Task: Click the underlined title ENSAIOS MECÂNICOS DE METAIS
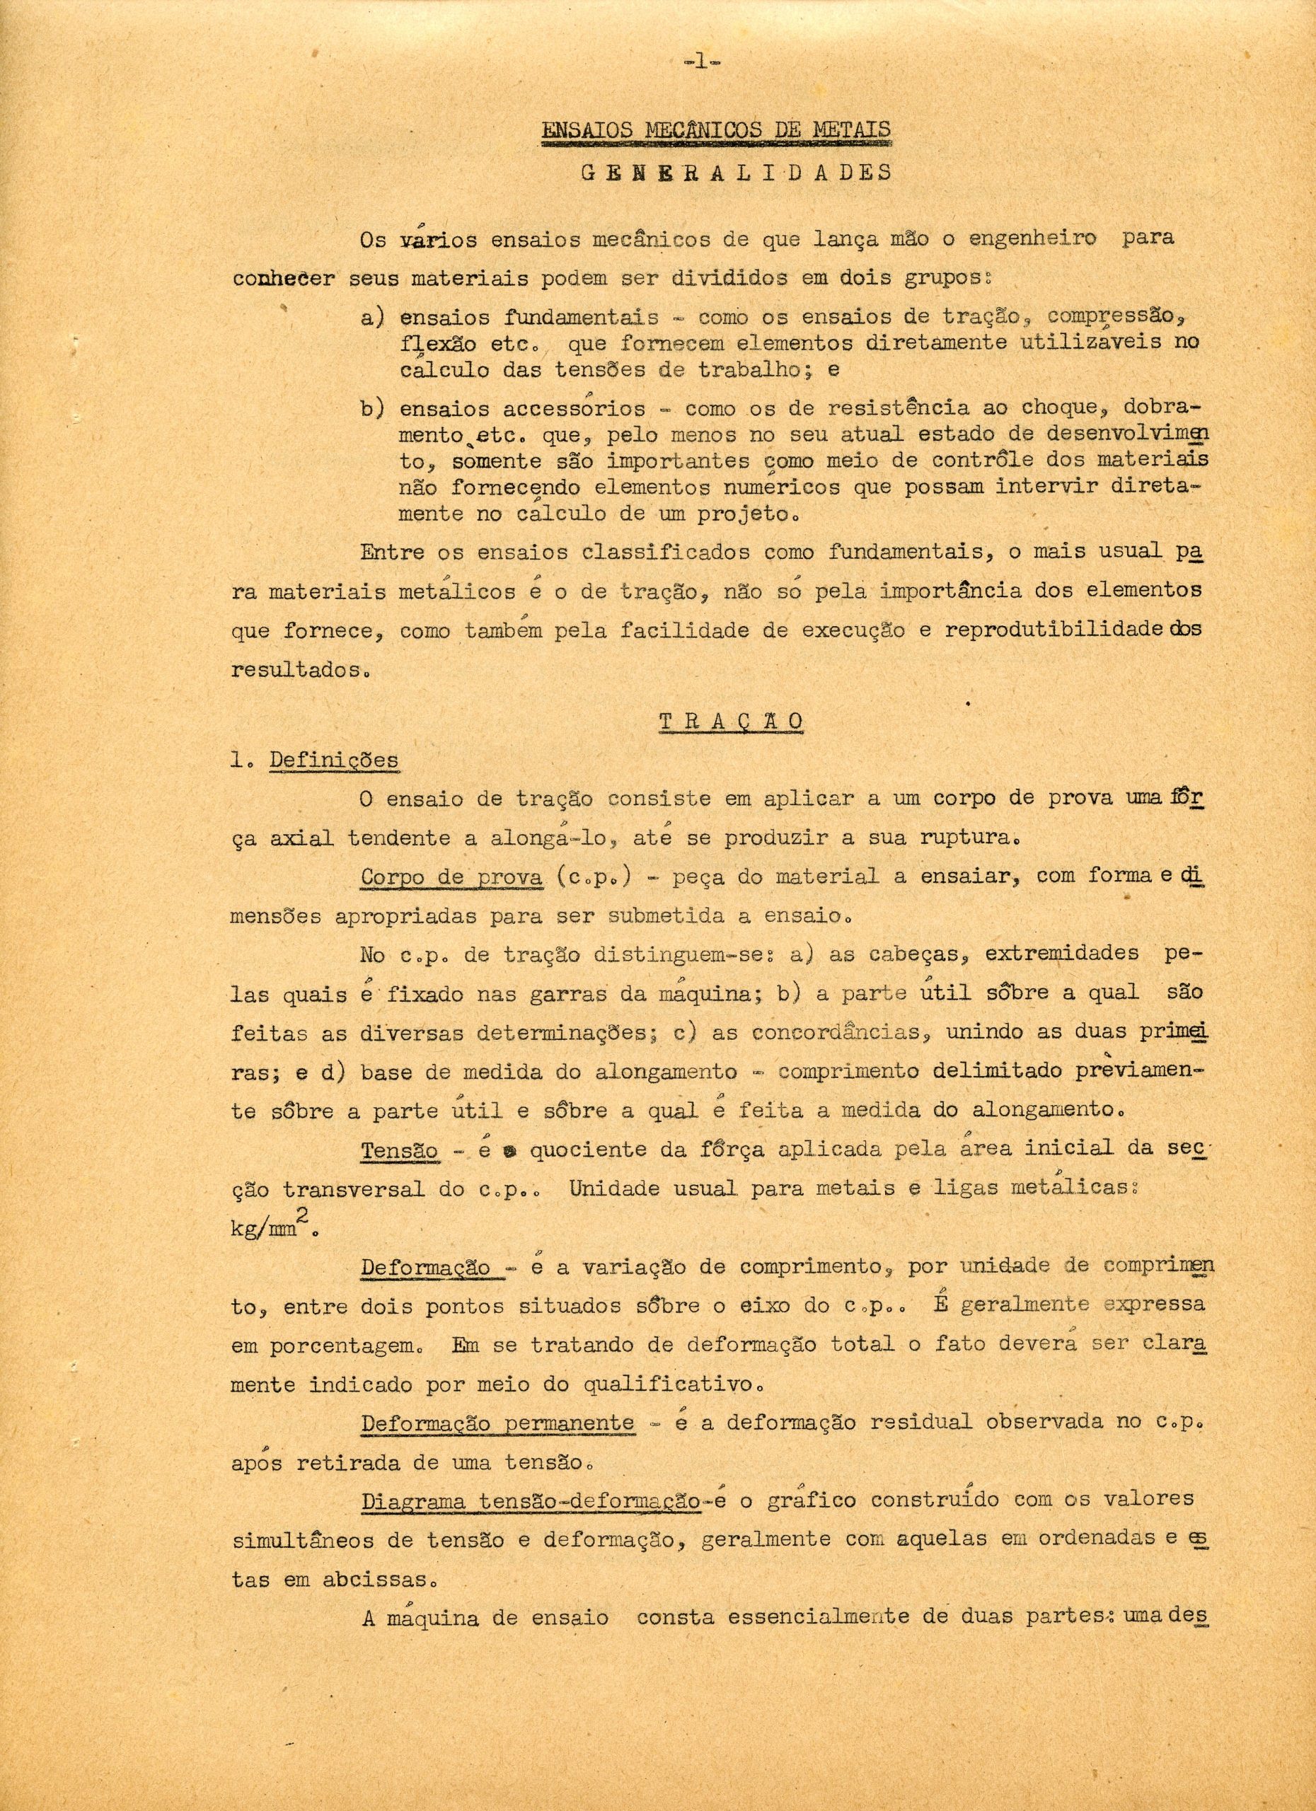pos(716,130)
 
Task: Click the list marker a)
pos(374,317)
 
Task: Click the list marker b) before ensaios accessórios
pos(374,409)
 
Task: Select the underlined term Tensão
pos(399,1151)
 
